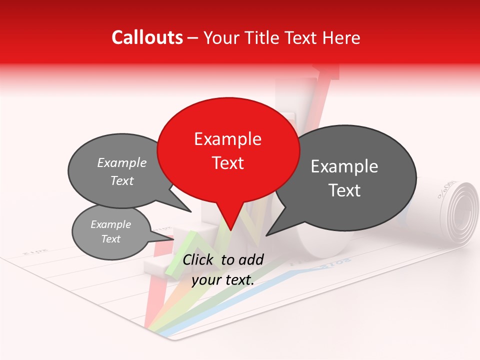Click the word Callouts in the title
pos(147,37)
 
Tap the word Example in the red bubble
pos(227,139)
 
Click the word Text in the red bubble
pos(227,163)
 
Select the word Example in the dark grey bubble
pos(344,166)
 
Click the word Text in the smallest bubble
pos(111,239)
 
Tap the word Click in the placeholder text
pos(198,259)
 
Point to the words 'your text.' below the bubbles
pos(222,280)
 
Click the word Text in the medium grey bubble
pos(122,181)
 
